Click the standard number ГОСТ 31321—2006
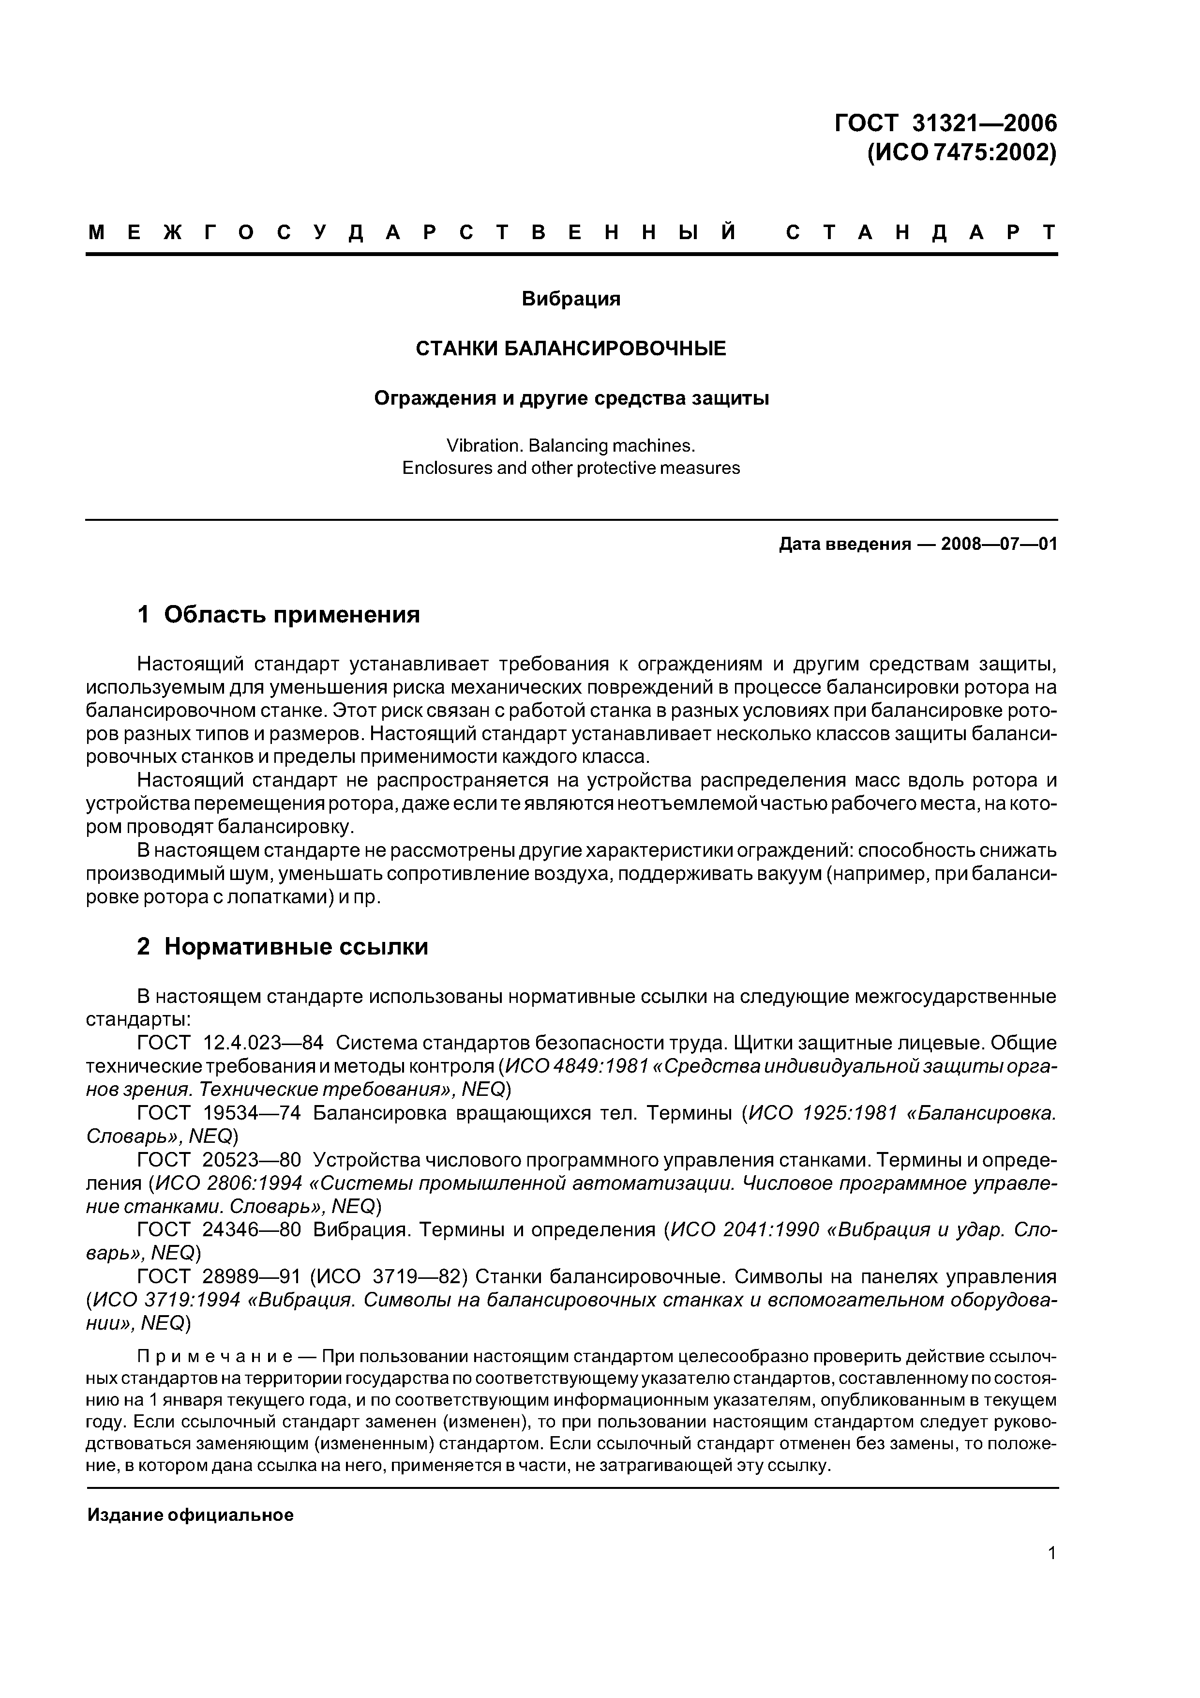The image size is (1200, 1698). coord(945,123)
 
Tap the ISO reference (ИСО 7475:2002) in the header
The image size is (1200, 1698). coord(960,153)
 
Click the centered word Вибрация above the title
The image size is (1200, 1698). coord(571,299)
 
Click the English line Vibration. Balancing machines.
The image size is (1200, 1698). coord(571,445)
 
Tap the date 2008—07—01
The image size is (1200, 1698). coord(998,545)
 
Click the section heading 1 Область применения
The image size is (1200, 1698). coord(278,614)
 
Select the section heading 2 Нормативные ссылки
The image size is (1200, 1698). coord(283,947)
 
